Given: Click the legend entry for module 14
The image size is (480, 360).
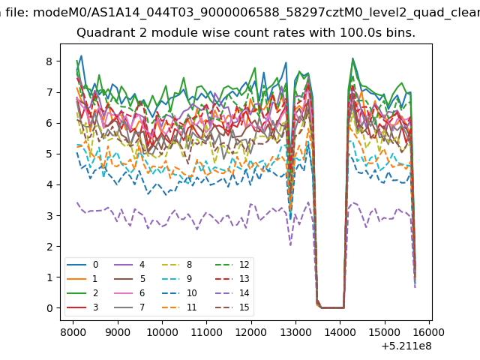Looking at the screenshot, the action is click(x=233, y=293).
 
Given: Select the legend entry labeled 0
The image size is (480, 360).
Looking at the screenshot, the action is click(x=82, y=265).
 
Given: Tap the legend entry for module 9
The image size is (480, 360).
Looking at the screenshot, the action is click(x=180, y=279).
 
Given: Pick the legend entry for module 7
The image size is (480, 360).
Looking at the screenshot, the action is click(x=129, y=307).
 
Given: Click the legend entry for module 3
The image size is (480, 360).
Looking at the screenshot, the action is click(x=82, y=307).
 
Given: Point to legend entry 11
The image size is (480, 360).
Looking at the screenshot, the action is click(x=180, y=307).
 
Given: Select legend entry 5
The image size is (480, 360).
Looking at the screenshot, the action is click(x=129, y=279).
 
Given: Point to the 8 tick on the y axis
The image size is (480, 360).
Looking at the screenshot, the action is click(x=49, y=61).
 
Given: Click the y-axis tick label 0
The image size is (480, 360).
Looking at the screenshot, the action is click(x=49, y=308).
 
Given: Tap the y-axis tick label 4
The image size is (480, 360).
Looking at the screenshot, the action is click(x=49, y=185).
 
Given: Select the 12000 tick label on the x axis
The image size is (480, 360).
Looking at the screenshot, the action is click(x=251, y=332).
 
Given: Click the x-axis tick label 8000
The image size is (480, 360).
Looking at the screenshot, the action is click(x=73, y=332).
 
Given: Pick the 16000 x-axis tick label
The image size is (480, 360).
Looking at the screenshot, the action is click(x=429, y=332).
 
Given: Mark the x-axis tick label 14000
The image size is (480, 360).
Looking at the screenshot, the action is click(x=340, y=332).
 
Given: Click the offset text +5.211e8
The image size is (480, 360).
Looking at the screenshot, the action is click(x=406, y=346).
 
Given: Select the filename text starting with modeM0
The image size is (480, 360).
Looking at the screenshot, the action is click(x=256, y=13).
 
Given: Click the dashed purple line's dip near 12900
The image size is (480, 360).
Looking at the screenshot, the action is click(x=290, y=245).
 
